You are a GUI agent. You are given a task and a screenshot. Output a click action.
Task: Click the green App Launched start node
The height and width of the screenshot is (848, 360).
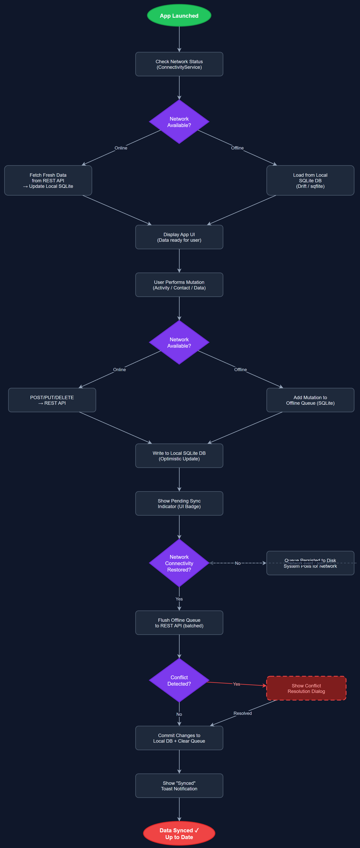point(179,16)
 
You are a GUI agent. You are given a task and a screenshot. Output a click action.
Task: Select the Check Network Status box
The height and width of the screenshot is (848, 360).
point(179,64)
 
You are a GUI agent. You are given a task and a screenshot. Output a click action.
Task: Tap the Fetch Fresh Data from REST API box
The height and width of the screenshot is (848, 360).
point(48,180)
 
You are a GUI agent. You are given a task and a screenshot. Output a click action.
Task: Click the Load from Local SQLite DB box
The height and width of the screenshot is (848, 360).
point(310,180)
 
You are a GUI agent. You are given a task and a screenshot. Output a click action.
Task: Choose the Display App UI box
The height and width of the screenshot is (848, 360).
point(179,237)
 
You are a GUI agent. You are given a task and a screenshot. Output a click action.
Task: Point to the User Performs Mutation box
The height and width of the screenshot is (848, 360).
point(179,285)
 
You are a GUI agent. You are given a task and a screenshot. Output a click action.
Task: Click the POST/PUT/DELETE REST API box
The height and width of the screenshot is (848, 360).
point(52,400)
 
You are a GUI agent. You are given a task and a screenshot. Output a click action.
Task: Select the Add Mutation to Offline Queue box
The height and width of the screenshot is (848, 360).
point(310,400)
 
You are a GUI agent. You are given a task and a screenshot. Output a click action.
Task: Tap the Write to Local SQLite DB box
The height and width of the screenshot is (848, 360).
point(179,456)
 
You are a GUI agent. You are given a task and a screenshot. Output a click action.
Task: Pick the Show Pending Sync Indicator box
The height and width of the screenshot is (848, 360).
point(179,503)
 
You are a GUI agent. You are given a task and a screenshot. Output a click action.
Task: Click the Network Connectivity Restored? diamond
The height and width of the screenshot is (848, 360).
point(179,563)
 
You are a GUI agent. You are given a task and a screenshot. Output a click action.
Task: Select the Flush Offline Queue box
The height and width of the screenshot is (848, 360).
point(179,623)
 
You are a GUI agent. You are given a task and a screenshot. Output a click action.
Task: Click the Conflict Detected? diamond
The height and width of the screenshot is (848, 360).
point(179,680)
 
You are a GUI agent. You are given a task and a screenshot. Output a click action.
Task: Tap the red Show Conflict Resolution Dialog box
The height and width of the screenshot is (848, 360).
point(306,688)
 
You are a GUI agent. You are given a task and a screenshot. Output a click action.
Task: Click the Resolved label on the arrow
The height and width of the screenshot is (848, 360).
point(243,713)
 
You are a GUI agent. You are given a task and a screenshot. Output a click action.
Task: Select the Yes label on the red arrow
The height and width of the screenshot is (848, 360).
point(236,684)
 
